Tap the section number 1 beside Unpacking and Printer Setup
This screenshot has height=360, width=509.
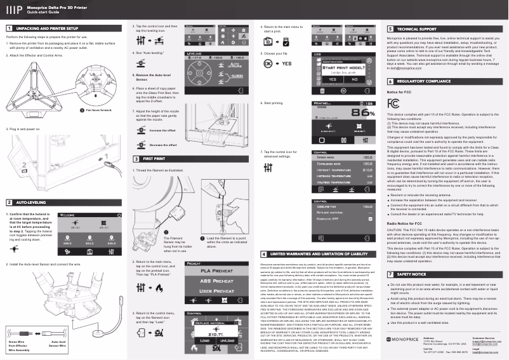coord(9,29)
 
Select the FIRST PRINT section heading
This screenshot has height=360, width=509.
coord(154,140)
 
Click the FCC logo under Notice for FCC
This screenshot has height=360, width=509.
coord(393,102)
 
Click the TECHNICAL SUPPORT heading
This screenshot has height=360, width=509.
coord(416,29)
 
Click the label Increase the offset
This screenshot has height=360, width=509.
coord(163,112)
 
